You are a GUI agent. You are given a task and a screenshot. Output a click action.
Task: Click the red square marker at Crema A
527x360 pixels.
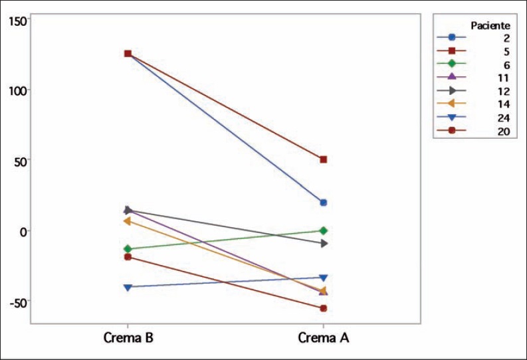pyautogui.click(x=324, y=159)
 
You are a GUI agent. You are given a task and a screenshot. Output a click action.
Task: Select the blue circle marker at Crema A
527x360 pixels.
pyautogui.click(x=324, y=203)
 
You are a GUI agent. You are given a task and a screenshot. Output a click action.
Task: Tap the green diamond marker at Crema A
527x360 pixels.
pyautogui.click(x=324, y=230)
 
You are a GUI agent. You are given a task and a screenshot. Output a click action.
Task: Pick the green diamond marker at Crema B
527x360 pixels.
pyautogui.click(x=128, y=249)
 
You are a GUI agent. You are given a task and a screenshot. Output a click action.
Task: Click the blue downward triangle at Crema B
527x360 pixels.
pyautogui.click(x=128, y=287)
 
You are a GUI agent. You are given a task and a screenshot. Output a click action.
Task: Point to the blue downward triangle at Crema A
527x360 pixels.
pyautogui.click(x=324, y=278)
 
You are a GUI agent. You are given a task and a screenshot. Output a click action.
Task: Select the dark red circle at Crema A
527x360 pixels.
pyautogui.click(x=324, y=308)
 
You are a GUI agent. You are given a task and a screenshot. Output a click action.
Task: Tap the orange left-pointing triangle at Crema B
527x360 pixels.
pyautogui.click(x=127, y=221)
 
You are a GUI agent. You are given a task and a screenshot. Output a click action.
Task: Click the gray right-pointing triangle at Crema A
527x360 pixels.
pyautogui.click(x=324, y=244)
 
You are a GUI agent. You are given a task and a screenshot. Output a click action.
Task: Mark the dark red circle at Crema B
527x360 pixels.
pyautogui.click(x=128, y=256)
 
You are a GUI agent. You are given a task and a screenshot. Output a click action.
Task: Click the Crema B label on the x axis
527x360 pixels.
pyautogui.click(x=129, y=337)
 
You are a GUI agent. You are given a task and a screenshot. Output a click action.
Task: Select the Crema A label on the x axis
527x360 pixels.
pyautogui.click(x=324, y=337)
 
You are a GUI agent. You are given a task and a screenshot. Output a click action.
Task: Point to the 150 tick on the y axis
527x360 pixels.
pyautogui.click(x=18, y=21)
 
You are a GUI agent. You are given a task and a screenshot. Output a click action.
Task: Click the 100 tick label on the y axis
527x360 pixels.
pyautogui.click(x=18, y=90)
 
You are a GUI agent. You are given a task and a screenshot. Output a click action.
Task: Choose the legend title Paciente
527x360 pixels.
pyautogui.click(x=490, y=26)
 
